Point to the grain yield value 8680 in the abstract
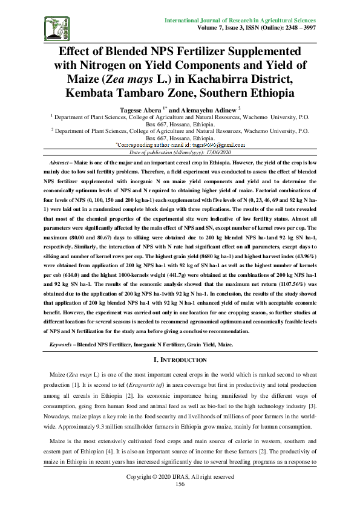point(228,255)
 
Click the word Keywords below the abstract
point(61,344)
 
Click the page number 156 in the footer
point(180,484)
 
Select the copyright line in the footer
point(180,477)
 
